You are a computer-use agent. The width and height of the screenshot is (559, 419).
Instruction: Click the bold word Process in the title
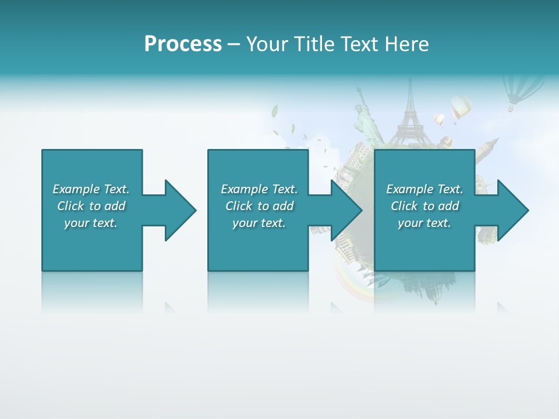pos(183,44)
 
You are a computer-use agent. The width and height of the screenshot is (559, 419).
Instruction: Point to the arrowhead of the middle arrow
pos(346,210)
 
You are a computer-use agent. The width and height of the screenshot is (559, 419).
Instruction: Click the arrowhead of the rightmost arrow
pos(513,210)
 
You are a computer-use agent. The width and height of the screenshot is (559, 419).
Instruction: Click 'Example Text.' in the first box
pos(91,189)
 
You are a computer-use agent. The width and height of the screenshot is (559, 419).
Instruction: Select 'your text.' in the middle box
pos(259,223)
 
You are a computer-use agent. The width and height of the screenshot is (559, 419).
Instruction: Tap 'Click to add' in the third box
pos(424,206)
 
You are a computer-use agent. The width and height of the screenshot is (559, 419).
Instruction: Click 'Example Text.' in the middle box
pos(259,189)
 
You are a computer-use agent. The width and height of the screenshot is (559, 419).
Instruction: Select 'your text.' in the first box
pos(91,223)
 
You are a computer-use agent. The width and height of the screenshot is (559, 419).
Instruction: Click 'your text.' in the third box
pos(424,223)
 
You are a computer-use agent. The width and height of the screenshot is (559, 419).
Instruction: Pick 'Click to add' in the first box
pos(91,206)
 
